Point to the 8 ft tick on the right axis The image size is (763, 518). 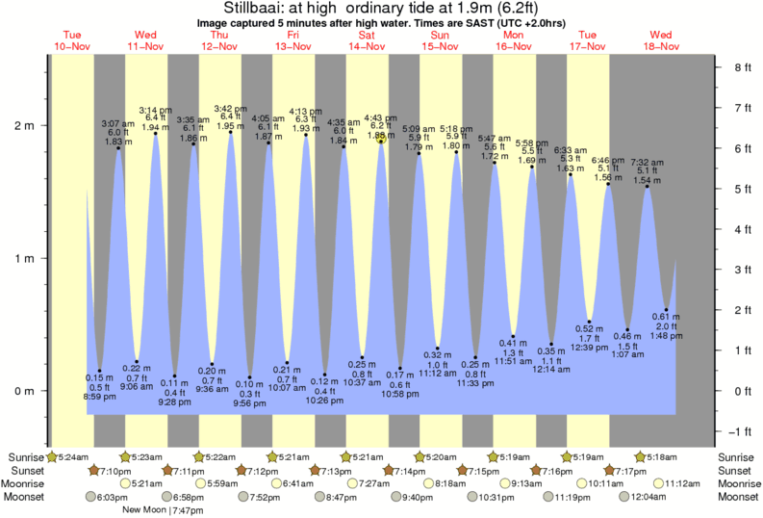[741, 67]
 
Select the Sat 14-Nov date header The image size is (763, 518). [367, 39]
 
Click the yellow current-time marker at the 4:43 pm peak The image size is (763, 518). [382, 138]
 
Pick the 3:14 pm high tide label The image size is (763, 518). [155, 110]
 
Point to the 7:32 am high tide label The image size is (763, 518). [647, 163]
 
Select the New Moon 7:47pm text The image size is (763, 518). [160, 511]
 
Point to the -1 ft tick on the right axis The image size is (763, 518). [741, 430]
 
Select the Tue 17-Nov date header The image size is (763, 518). [587, 39]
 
